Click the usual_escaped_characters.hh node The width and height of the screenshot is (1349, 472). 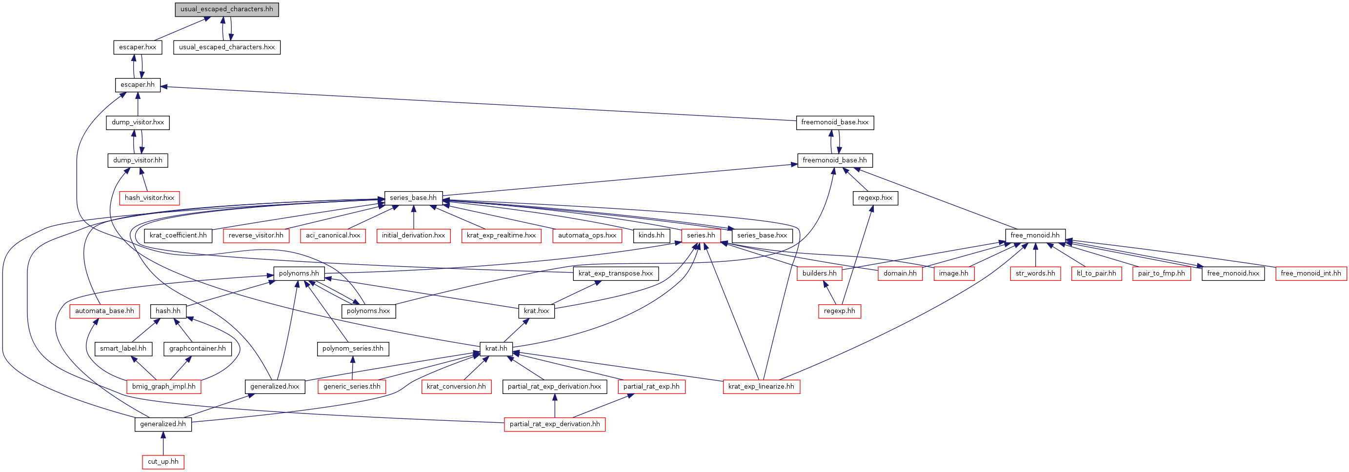click(x=226, y=9)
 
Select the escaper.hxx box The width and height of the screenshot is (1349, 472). click(x=138, y=47)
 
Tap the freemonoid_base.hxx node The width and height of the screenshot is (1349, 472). click(x=835, y=122)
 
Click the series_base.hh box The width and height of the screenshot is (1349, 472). click(x=413, y=198)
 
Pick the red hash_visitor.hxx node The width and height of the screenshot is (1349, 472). click(x=149, y=198)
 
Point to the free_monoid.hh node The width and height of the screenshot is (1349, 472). click(x=1035, y=236)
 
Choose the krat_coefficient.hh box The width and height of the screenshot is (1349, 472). click(x=178, y=236)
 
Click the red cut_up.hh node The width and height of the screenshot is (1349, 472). click(x=163, y=462)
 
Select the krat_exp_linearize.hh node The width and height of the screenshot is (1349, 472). click(x=762, y=387)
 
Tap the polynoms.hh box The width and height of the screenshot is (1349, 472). click(x=299, y=273)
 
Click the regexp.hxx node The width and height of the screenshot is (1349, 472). click(x=875, y=198)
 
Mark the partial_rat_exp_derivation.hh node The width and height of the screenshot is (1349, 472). click(x=555, y=424)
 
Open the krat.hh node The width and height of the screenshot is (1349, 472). click(x=496, y=349)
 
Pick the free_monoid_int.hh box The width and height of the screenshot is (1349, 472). click(x=1311, y=273)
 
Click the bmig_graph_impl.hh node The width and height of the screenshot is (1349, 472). click(x=164, y=387)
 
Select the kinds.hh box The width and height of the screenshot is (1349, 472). click(x=651, y=236)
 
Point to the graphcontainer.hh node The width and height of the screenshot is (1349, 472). click(x=198, y=349)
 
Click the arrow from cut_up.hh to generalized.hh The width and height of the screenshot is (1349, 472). click(x=163, y=443)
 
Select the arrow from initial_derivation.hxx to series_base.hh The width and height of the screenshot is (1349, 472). click(x=414, y=216)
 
